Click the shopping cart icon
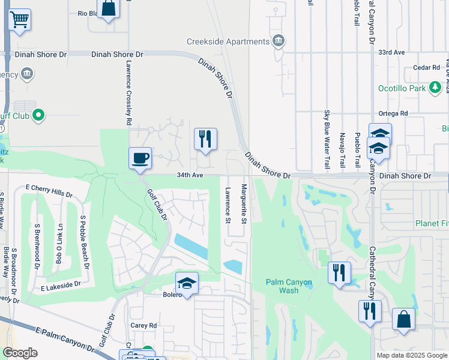[19, 20]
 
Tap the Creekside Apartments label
[228, 41]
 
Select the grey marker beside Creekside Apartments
[279, 41]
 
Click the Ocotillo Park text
[402, 88]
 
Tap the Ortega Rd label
[393, 113]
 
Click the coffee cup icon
[140, 158]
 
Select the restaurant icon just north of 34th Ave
[205, 139]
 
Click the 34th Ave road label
[190, 176]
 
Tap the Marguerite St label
[244, 203]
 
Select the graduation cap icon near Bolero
[187, 283]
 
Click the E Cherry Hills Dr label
[49, 196]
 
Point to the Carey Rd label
[143, 325]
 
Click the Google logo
[20, 353]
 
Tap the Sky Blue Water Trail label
[327, 139]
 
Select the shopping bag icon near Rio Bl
[108, 8]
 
